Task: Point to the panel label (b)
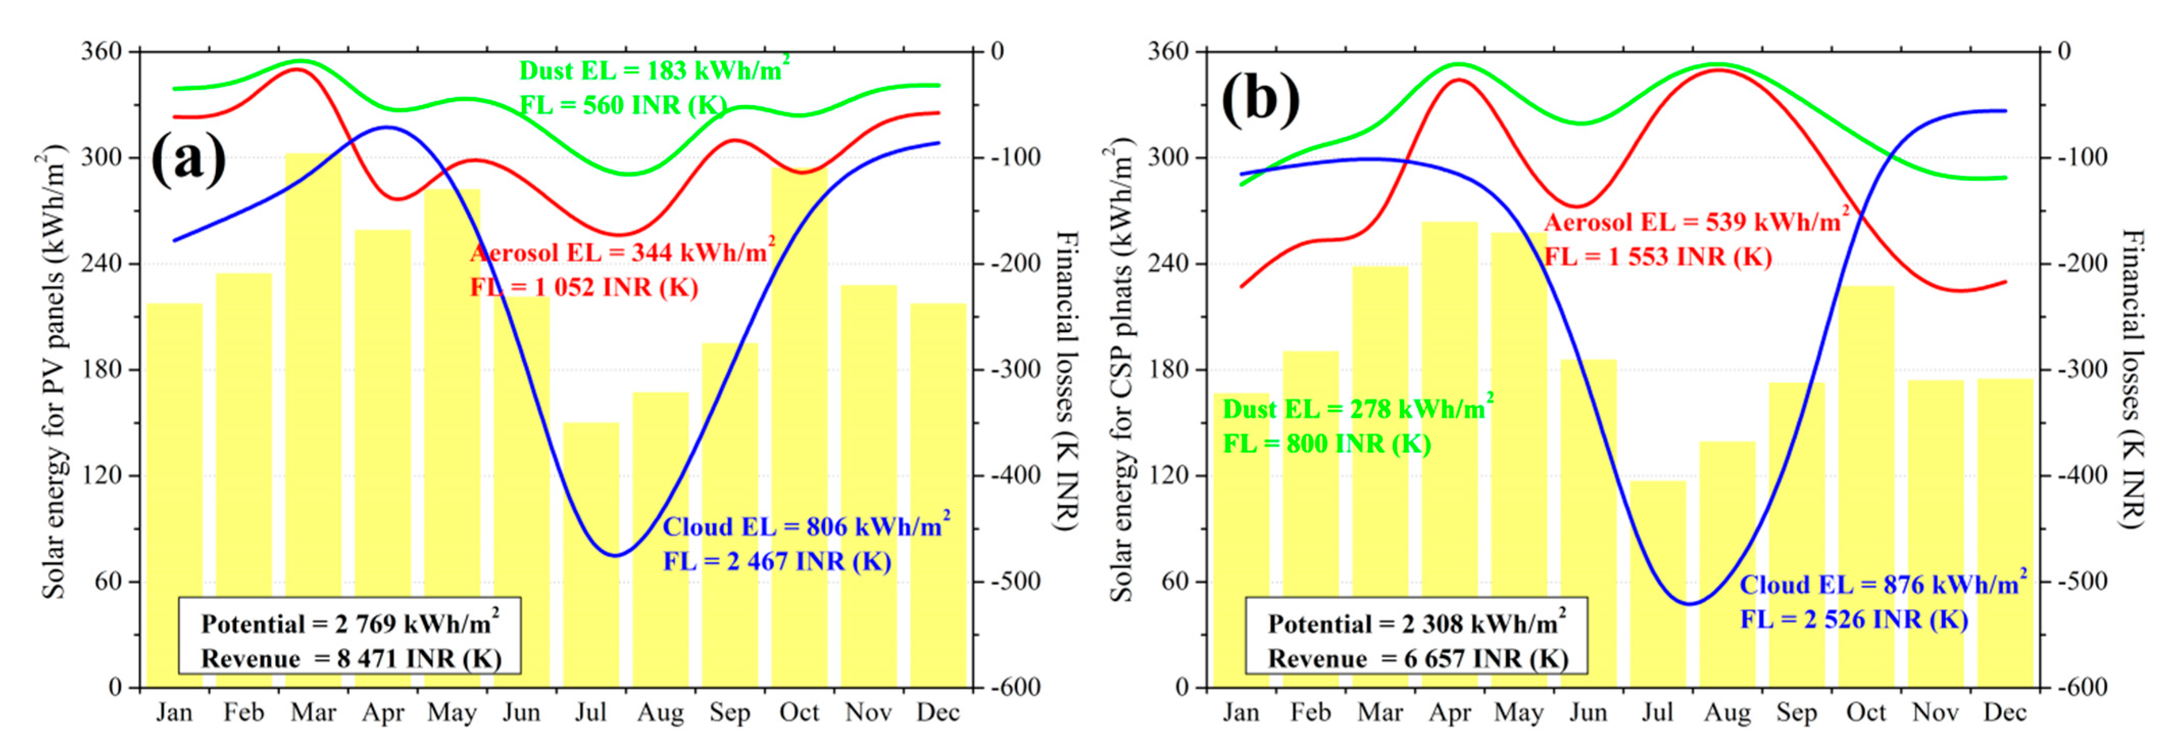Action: (x=1260, y=99)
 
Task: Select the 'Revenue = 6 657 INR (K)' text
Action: (x=1418, y=659)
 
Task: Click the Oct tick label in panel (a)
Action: (x=798, y=713)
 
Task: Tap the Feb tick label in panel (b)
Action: (x=1310, y=713)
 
